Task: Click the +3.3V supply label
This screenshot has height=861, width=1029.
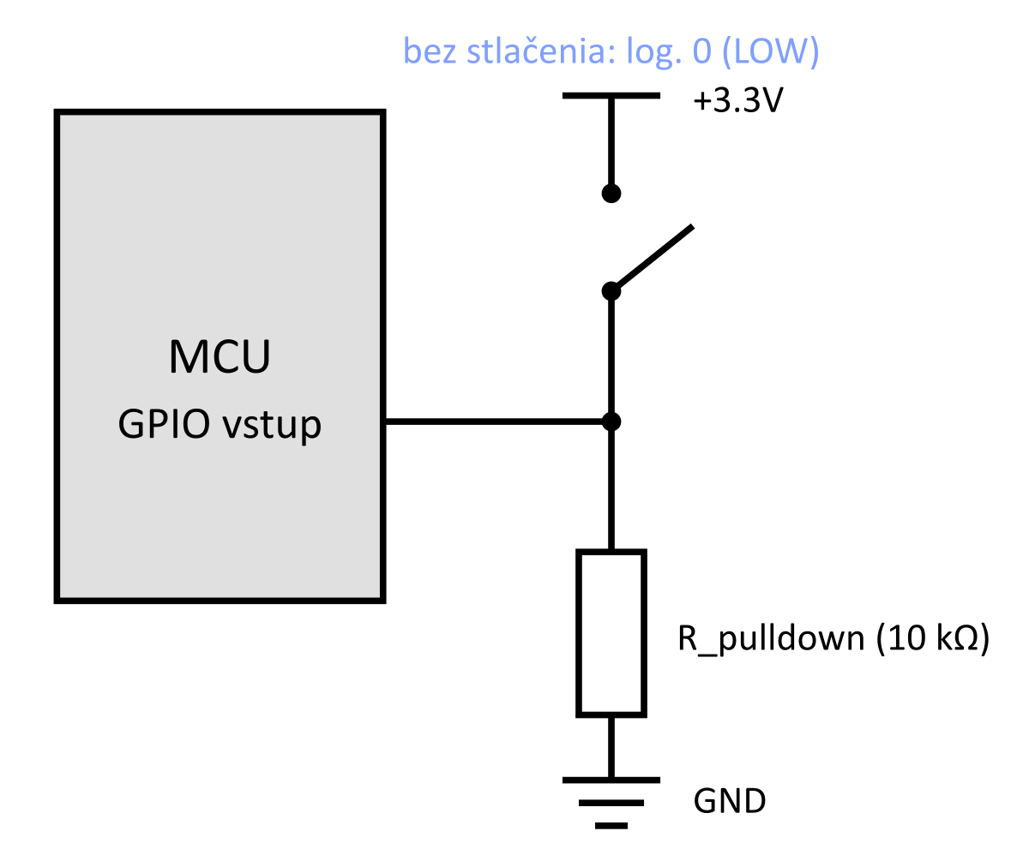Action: [x=739, y=103]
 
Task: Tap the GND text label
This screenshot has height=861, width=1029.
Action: [x=730, y=802]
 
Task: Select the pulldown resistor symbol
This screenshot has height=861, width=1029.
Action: [x=611, y=633]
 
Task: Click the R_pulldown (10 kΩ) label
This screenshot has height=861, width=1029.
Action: [x=833, y=639]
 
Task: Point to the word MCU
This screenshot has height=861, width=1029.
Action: [x=220, y=357]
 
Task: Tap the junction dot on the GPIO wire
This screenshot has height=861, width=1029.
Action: [x=611, y=422]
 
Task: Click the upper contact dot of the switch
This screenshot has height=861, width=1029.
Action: [x=611, y=194]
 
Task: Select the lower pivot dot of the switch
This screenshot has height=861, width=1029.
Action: [x=611, y=291]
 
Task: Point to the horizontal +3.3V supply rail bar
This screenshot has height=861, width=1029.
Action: [x=611, y=96]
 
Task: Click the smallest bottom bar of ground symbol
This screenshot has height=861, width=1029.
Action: [x=611, y=826]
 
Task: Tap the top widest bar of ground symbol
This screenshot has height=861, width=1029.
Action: [x=611, y=780]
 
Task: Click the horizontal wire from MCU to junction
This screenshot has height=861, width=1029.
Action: [x=497, y=422]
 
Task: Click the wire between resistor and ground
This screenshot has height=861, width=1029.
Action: [x=611, y=747]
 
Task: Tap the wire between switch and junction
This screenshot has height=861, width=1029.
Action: [x=611, y=356]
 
